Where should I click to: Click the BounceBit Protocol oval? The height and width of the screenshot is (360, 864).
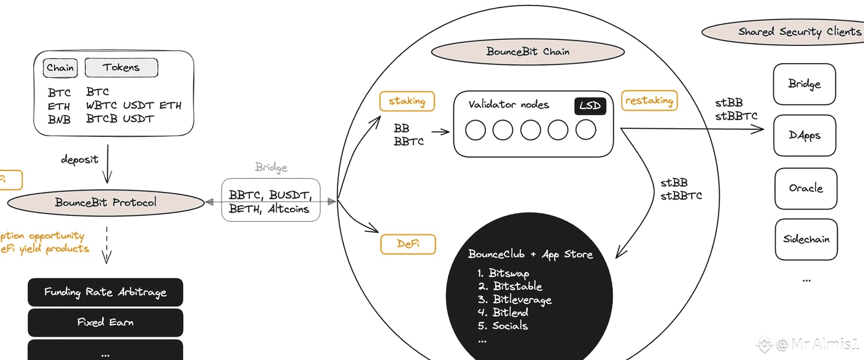(106, 202)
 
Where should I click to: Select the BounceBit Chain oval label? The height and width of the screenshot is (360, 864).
(528, 52)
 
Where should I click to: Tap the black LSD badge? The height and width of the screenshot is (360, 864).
(590, 106)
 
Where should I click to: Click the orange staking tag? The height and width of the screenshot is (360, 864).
(407, 101)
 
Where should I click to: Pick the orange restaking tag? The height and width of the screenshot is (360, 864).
(649, 100)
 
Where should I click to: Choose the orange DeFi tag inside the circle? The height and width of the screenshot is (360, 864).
(407, 244)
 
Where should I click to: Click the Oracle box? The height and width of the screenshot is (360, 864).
(805, 188)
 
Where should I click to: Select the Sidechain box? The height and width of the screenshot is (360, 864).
(806, 239)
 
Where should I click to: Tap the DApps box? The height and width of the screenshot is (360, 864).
(804, 136)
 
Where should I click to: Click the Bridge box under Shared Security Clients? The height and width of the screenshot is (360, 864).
(804, 84)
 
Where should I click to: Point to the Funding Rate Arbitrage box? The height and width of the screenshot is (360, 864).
(105, 292)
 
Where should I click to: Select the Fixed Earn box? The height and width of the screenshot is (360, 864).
(105, 322)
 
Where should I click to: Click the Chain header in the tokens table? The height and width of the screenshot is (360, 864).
(60, 67)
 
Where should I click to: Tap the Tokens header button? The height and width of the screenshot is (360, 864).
(121, 67)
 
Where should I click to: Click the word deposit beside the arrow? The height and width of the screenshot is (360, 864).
(79, 159)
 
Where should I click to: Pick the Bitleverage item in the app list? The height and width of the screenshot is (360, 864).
(522, 300)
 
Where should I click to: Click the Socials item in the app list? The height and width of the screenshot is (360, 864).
(509, 326)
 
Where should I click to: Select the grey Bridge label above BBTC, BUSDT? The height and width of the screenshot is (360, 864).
(271, 167)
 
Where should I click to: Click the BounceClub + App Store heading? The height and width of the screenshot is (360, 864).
(530, 254)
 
